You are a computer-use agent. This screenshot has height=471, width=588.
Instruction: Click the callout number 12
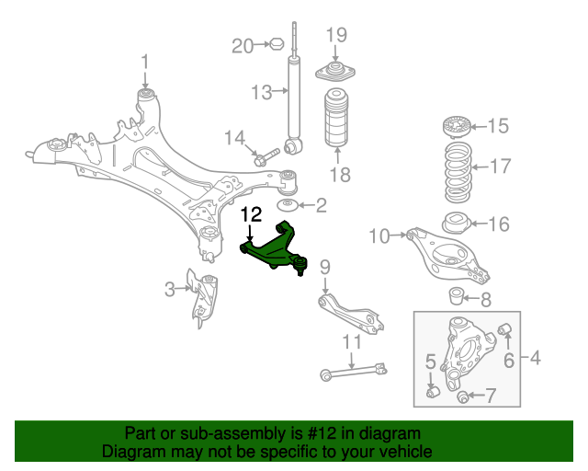(x=251, y=214)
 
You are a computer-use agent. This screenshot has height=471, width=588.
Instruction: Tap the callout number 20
(x=242, y=45)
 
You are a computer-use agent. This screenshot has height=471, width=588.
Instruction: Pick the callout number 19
(x=336, y=35)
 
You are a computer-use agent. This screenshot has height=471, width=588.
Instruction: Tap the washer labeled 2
(x=288, y=204)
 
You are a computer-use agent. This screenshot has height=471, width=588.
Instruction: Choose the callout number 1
(x=144, y=62)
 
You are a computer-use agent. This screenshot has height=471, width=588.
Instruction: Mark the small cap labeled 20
(x=274, y=43)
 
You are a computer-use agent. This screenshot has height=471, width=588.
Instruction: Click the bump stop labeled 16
(x=456, y=224)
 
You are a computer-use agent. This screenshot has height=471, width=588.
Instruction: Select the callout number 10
(x=379, y=236)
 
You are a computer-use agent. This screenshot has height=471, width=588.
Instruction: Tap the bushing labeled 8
(x=455, y=296)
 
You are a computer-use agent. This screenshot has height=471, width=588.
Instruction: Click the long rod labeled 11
(x=354, y=371)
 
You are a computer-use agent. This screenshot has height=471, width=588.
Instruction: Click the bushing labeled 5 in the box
(x=436, y=393)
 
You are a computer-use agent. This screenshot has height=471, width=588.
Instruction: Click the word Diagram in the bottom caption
(x=130, y=453)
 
